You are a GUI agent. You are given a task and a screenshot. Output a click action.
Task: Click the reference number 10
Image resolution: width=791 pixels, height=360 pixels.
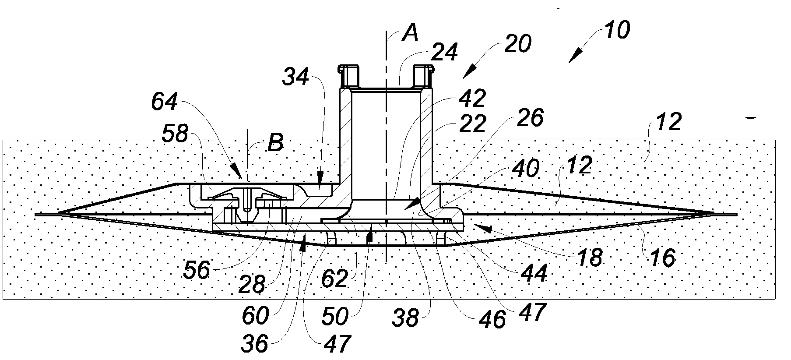click(x=617, y=31)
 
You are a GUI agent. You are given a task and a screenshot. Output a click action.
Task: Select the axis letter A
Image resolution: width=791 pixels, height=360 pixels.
click(x=410, y=33)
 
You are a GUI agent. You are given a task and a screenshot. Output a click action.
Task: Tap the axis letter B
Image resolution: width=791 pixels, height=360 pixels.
click(x=275, y=143)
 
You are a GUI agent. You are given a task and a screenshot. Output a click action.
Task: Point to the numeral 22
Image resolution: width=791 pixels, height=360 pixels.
click(x=473, y=124)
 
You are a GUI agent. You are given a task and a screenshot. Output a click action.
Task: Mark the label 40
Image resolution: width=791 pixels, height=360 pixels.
click(x=525, y=169)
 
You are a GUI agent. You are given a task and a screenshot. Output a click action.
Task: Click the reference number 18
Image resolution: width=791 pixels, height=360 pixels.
click(x=590, y=258)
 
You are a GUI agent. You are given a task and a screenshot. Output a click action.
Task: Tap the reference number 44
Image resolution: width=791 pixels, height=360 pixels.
click(x=534, y=274)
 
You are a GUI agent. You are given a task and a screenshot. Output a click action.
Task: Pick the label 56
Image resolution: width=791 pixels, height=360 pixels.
click(x=197, y=270)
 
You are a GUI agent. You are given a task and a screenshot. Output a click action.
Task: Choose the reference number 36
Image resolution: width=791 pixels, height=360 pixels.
click(x=254, y=344)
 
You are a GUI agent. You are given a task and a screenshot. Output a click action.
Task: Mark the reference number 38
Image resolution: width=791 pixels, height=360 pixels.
click(x=406, y=318)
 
